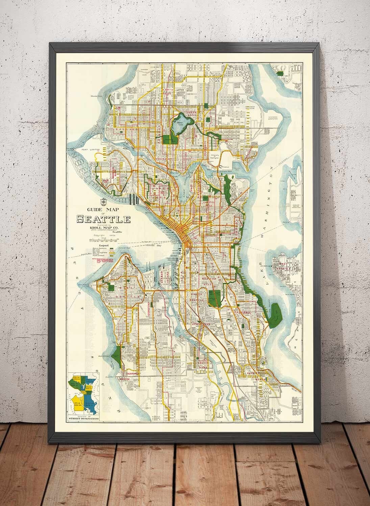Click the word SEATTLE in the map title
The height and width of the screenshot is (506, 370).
(104, 219)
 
